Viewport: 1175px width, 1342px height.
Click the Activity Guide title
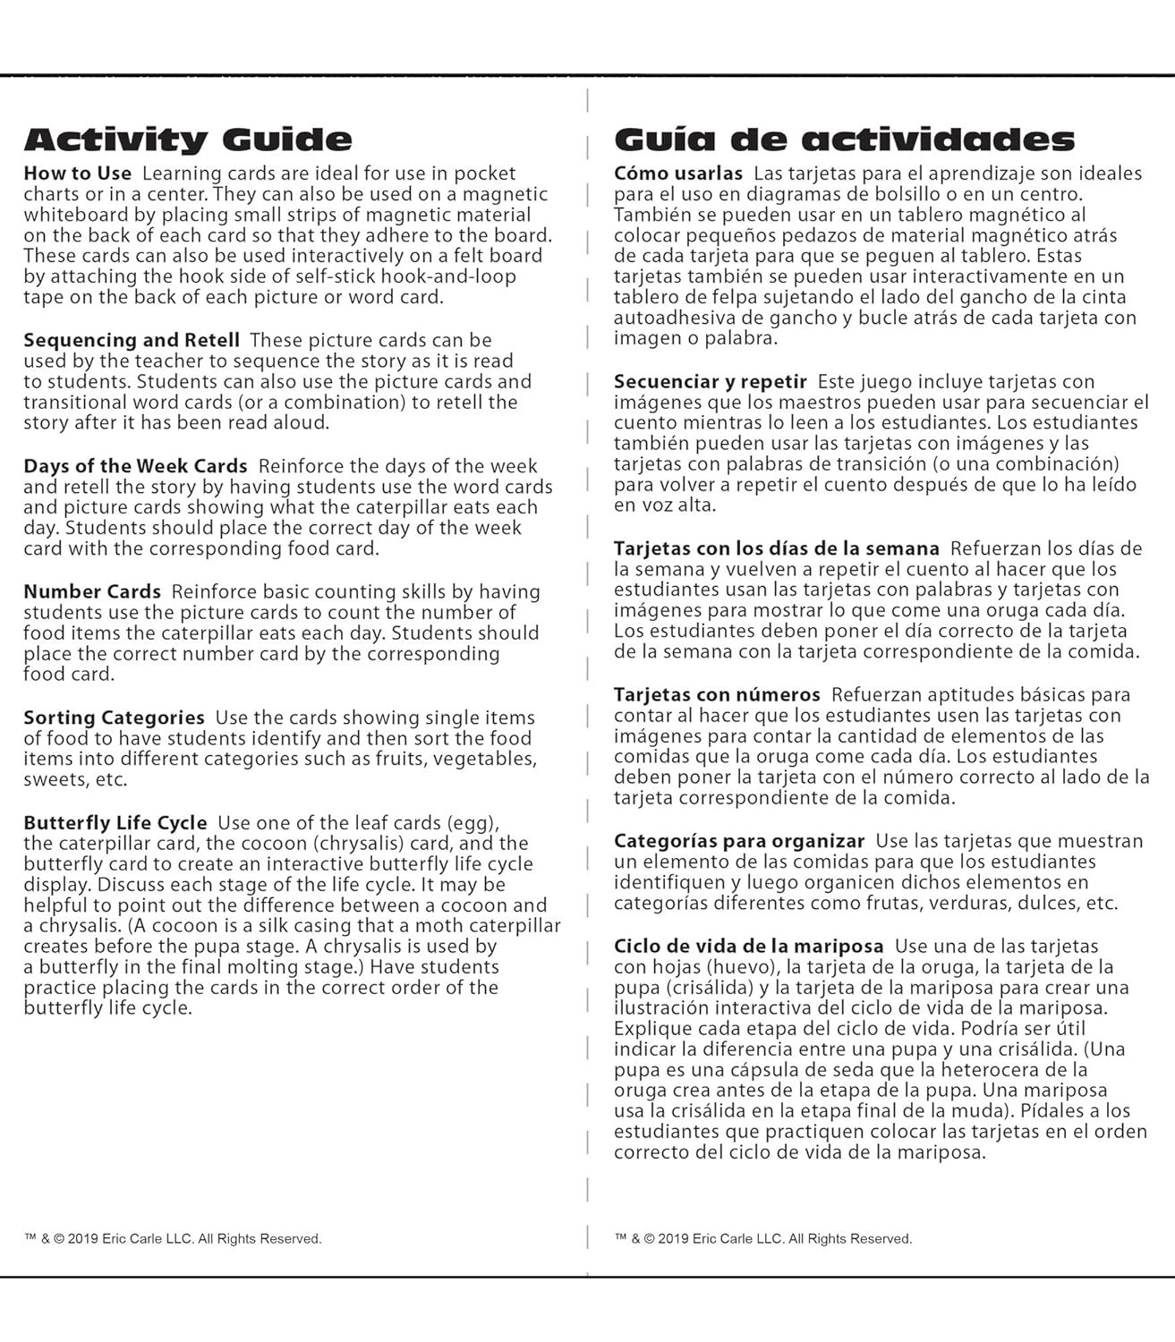point(188,140)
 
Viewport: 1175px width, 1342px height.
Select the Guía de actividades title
point(844,140)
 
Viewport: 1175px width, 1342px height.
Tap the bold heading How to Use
point(77,174)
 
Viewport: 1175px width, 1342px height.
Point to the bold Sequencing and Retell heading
point(132,340)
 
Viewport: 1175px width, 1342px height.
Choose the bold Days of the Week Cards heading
point(135,466)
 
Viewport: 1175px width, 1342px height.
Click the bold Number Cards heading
point(92,591)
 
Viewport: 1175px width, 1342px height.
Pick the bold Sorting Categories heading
point(114,718)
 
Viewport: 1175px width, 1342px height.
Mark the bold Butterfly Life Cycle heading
point(115,822)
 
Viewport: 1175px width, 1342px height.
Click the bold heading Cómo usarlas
point(678,173)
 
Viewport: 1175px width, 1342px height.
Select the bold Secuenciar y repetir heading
point(711,381)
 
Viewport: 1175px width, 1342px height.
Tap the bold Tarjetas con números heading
point(717,694)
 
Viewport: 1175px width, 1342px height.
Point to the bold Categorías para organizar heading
point(739,841)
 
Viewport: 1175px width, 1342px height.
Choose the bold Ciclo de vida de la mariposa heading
point(749,946)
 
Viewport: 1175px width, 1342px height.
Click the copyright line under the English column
point(173,1239)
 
